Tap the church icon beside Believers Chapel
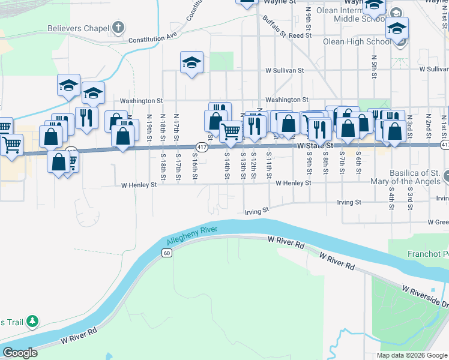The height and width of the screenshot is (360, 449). (119, 28)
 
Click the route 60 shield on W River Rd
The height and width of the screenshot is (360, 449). (166, 254)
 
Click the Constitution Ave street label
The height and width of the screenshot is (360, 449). (154, 38)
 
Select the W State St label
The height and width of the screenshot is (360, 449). (315, 145)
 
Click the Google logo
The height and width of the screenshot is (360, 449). (20, 353)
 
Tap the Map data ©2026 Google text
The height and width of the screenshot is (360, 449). (411, 355)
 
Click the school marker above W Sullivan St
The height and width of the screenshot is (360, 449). (191, 63)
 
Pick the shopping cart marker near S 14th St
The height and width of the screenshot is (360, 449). (231, 130)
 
